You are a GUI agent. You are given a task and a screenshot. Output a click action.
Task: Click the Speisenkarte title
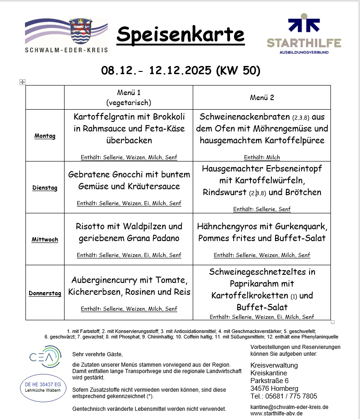coord(180,35)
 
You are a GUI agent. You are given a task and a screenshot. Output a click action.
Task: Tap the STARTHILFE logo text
coord(304,44)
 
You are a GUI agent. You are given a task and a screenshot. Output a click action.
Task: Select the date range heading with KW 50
coord(180,71)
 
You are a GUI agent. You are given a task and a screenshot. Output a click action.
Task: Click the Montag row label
coord(45,136)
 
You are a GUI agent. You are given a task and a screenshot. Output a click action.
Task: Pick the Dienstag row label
coord(45,187)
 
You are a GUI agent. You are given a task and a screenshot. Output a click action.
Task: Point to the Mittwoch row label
coord(45,239)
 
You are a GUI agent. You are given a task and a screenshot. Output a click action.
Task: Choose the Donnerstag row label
coord(45,293)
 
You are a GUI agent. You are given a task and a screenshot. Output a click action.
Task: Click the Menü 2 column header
coord(262,97)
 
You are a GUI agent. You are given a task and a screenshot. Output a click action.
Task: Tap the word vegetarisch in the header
coord(129,102)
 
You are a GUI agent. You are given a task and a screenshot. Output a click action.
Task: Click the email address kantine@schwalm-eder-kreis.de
coord(289,407)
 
